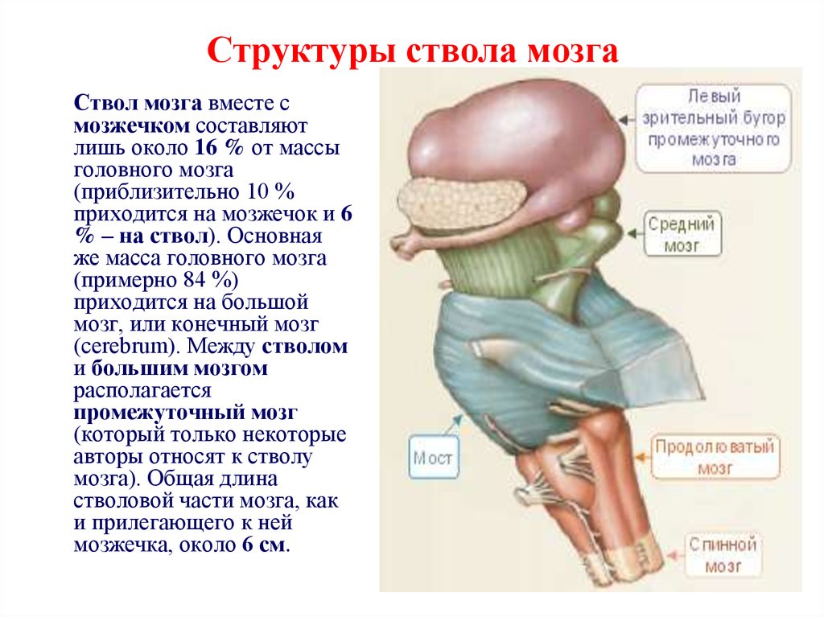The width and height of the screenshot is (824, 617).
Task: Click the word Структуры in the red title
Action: pyautogui.click(x=300, y=51)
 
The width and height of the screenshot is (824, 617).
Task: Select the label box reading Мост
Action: pyautogui.click(x=433, y=457)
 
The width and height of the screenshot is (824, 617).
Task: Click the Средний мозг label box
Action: pyautogui.click(x=682, y=233)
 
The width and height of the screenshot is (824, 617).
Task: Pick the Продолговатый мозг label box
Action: pyautogui.click(x=715, y=456)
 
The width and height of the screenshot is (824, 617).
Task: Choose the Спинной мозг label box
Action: pyautogui.click(x=723, y=555)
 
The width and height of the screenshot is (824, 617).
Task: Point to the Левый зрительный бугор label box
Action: pyautogui.click(x=713, y=128)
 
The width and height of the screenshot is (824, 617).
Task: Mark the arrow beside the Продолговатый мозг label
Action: pyautogui.click(x=643, y=457)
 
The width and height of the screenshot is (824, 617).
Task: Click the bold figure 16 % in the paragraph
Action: pyautogui.click(x=219, y=148)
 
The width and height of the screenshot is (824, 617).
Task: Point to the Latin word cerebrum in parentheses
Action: pyautogui.click(x=125, y=347)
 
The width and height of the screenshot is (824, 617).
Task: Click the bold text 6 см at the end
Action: pyautogui.click(x=264, y=545)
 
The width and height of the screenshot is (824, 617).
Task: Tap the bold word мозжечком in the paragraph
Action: pyautogui.click(x=132, y=126)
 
